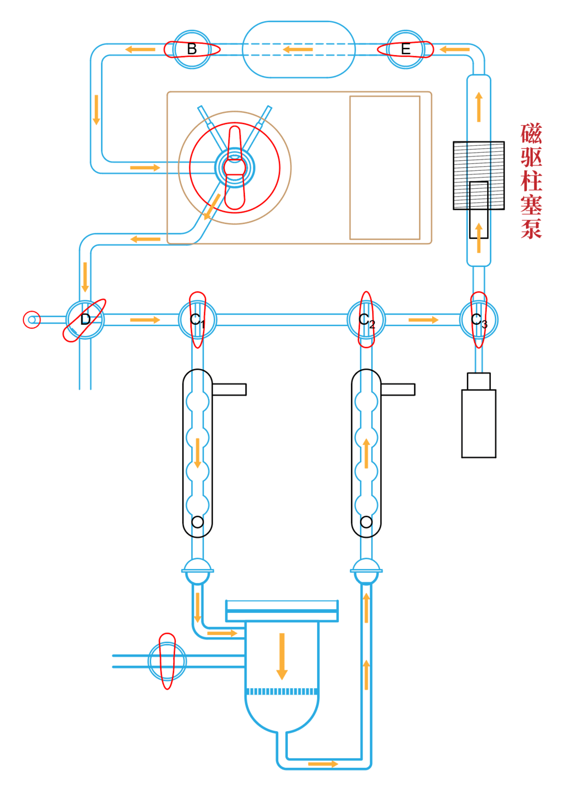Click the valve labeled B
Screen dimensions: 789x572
[x=192, y=49]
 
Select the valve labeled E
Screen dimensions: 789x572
[x=406, y=49]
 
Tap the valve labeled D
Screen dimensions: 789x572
[x=85, y=319]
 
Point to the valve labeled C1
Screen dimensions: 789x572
[x=197, y=319]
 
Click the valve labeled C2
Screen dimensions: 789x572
[x=366, y=319]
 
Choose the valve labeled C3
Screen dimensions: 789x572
[x=479, y=319]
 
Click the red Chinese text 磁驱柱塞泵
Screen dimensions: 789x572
[x=531, y=180]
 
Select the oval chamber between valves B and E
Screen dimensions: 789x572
[x=298, y=49]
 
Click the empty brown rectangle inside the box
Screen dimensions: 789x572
[x=384, y=167]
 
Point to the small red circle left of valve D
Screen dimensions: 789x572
[x=32, y=319]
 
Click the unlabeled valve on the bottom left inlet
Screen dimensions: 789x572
[x=167, y=661]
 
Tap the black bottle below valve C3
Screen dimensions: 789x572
[x=478, y=423]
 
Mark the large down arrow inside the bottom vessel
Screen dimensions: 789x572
[x=281, y=656]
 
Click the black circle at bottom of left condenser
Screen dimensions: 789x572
[x=197, y=522]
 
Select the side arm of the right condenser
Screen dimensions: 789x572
[x=398, y=389]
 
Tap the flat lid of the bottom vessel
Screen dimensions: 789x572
[x=281, y=611]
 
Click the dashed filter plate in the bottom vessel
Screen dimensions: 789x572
[x=281, y=691]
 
